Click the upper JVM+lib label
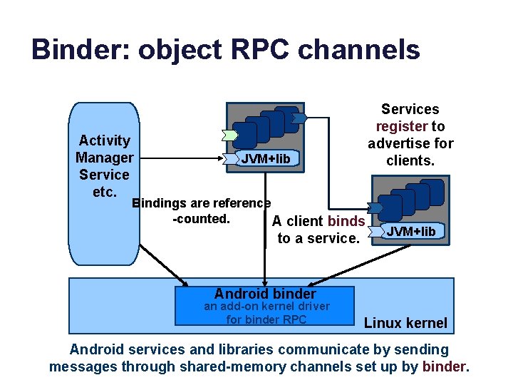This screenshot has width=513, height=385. click(266, 158)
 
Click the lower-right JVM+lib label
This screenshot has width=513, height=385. click(411, 231)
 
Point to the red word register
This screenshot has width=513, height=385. click(402, 126)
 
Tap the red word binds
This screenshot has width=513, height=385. click(346, 221)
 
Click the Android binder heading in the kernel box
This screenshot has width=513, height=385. click(265, 294)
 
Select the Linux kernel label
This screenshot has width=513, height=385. click(405, 323)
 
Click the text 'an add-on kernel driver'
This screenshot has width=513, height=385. click(267, 307)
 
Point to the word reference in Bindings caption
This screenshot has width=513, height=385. click(242, 203)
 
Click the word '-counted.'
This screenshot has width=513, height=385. click(201, 219)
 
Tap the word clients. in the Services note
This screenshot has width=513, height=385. click(410, 160)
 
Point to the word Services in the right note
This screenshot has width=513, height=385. click(410, 109)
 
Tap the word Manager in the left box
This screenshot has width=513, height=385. click(104, 158)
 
